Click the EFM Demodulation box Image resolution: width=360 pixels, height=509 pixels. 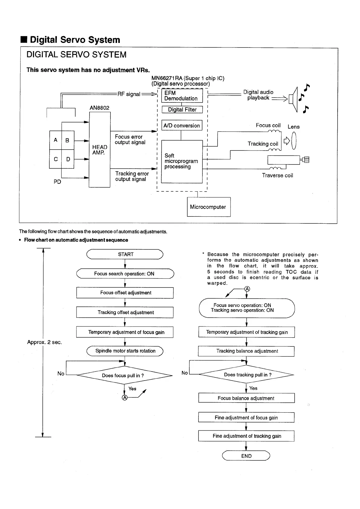(182, 96)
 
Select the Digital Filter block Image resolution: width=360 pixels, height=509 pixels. (182, 109)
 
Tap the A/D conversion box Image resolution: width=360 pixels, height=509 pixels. (182, 125)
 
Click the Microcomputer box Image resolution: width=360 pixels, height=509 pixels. (209, 207)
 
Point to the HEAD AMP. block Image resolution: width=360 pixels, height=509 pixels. (100, 150)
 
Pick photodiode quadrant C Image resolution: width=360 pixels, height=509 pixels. (56, 159)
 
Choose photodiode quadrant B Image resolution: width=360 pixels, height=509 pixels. (67, 140)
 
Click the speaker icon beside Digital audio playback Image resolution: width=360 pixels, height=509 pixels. (293, 99)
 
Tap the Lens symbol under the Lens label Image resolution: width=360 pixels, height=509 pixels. (293, 141)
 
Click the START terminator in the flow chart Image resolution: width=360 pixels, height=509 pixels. (125, 254)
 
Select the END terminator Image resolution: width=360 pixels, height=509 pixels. (246, 456)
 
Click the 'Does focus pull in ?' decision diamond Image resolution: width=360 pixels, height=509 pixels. (124, 375)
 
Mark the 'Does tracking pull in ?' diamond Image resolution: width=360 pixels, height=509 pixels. (247, 375)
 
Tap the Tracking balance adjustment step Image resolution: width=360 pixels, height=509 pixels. (246, 351)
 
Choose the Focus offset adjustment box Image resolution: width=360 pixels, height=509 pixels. (125, 293)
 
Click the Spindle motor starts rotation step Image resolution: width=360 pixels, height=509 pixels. (125, 351)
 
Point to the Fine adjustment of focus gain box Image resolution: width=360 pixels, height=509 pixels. (246, 418)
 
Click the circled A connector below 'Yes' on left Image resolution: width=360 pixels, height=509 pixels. (124, 397)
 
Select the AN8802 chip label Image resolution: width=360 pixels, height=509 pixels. (100, 108)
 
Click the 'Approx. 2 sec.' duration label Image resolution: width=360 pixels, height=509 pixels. (44, 342)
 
